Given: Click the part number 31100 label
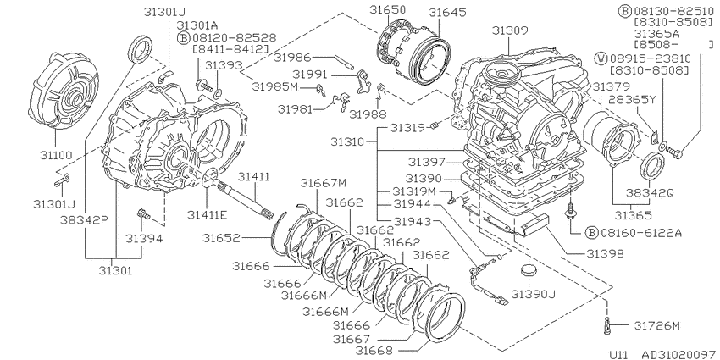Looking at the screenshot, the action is click(x=56, y=155).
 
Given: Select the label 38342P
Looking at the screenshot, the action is click(x=84, y=220).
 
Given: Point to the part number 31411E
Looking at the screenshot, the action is click(x=207, y=214).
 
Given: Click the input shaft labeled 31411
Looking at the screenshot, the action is click(x=242, y=197).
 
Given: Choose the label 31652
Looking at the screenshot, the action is click(x=221, y=238).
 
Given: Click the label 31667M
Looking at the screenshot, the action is click(x=324, y=183).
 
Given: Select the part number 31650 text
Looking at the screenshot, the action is click(x=388, y=10).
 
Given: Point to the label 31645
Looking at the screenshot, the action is click(x=448, y=13).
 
